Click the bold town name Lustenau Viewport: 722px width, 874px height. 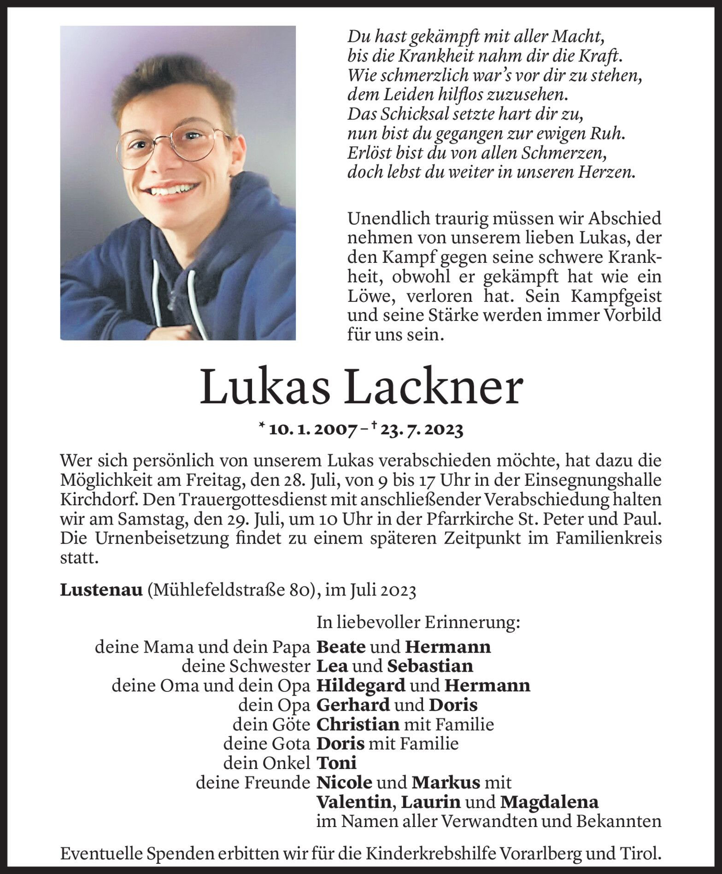tap(101, 591)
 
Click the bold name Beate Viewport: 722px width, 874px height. tap(341, 647)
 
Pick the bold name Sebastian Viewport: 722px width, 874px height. tap(430, 667)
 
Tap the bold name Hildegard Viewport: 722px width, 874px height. tap(361, 686)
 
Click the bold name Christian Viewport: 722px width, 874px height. tap(358, 725)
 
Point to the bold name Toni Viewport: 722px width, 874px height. tap(337, 763)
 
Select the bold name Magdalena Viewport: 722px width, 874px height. tap(549, 803)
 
